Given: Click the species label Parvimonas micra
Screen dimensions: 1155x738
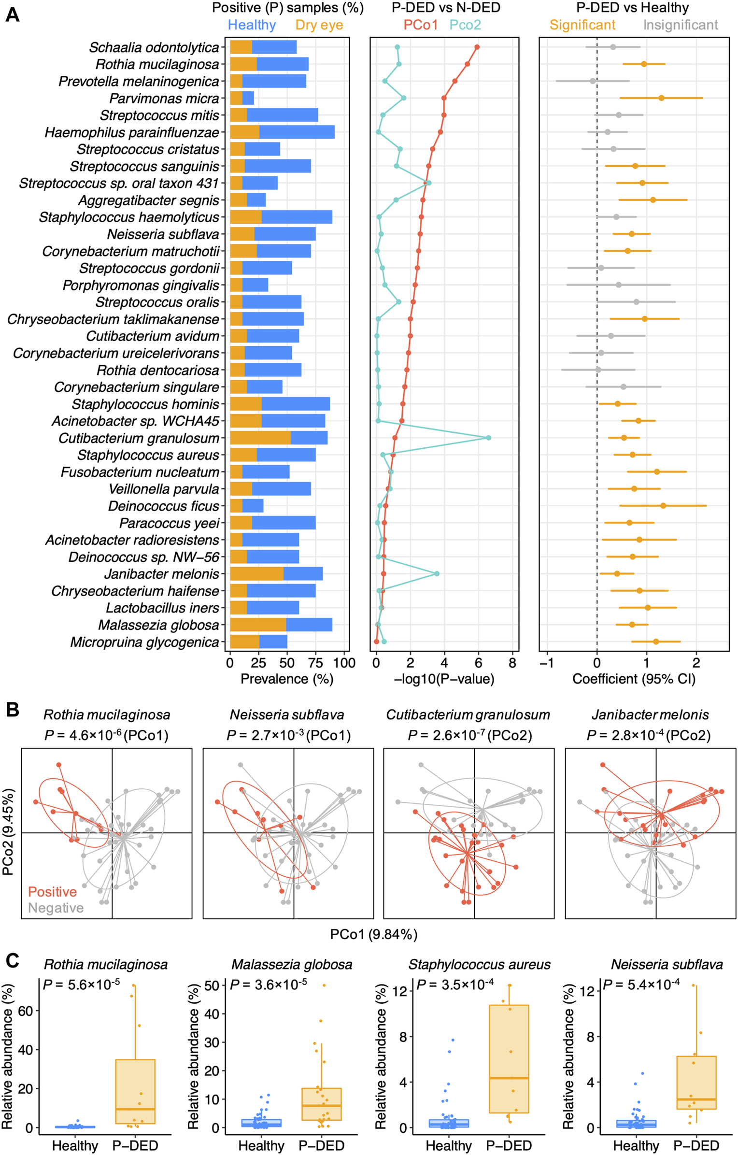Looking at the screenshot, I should pos(164,99).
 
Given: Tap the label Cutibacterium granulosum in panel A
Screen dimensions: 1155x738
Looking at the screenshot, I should pos(139,438).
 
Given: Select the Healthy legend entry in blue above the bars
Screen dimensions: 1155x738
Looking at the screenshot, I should pos(252,25).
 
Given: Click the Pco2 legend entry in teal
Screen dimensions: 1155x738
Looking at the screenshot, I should pos(465,25).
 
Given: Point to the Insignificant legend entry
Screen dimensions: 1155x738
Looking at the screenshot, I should pos(680,25).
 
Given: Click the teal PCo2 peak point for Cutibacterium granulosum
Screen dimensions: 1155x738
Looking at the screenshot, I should pos(488,438).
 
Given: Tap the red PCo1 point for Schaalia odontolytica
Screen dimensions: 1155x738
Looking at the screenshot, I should pos(477,47).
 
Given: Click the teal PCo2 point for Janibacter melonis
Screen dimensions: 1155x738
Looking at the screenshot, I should pos(437,573).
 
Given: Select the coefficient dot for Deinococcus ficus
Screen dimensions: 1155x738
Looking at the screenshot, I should pos(663,506).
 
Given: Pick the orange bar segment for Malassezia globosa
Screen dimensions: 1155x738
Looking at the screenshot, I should pos(258,625).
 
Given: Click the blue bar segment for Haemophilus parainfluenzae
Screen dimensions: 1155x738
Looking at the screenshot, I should pos(297,132).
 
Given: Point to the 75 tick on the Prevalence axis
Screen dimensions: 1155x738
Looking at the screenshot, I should pos(316,663).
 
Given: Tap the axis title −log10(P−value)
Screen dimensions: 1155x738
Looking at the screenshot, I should pos(444,679).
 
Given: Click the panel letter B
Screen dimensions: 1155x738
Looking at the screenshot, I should pos(12,710).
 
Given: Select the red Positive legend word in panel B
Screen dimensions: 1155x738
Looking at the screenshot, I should pos(52,892).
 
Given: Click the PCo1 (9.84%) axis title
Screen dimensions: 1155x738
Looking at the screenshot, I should pos(374,934).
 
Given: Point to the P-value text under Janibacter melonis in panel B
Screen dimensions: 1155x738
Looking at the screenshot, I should pos(649,735).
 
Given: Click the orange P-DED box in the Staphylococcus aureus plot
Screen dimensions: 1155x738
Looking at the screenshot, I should pos(509,1058).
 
